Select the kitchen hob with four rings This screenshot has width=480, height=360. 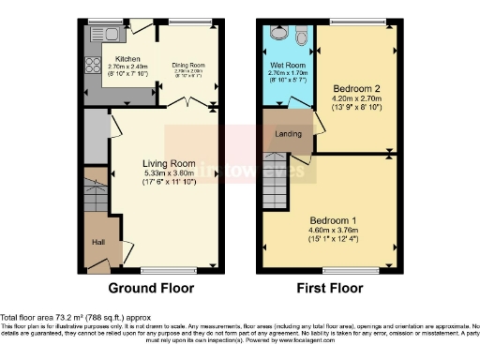94,67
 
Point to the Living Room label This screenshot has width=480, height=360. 161,164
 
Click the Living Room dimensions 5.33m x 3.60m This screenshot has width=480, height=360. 161,173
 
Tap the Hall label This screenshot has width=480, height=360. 97,241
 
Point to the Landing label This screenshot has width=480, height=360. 288,134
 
